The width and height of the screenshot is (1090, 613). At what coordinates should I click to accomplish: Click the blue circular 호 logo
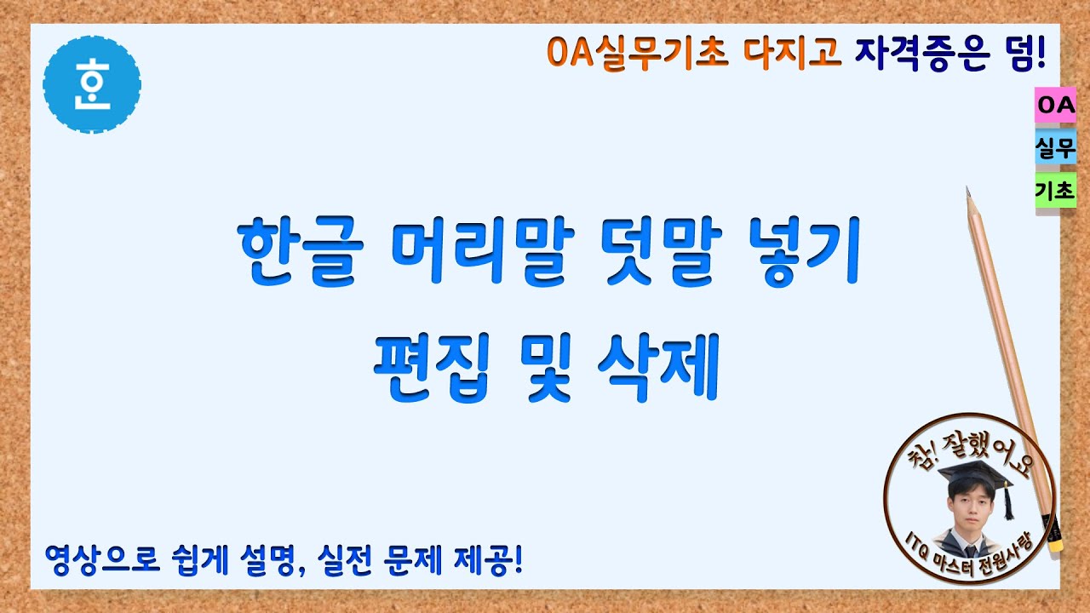(91, 85)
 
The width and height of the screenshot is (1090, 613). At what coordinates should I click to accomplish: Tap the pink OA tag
(1055, 106)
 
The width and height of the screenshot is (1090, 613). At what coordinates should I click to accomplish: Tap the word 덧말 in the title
(653, 253)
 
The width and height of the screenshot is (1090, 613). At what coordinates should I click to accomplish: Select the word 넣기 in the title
(797, 253)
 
